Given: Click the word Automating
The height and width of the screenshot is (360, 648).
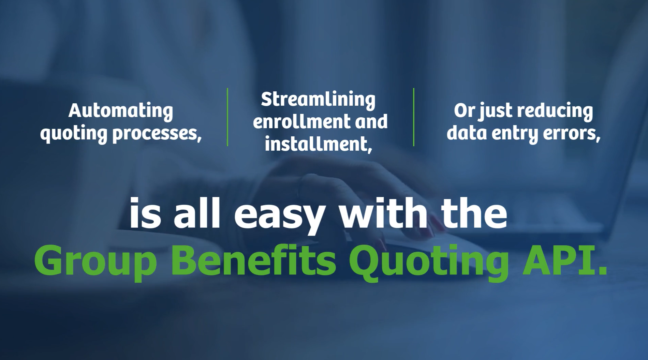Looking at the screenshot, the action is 121,111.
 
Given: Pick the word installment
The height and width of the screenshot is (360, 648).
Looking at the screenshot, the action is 318,144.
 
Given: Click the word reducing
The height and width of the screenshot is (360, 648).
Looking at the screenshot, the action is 555,111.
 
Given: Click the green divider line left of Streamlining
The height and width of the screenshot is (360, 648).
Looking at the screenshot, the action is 227,117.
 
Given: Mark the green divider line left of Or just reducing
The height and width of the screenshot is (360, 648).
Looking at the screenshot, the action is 414,117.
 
